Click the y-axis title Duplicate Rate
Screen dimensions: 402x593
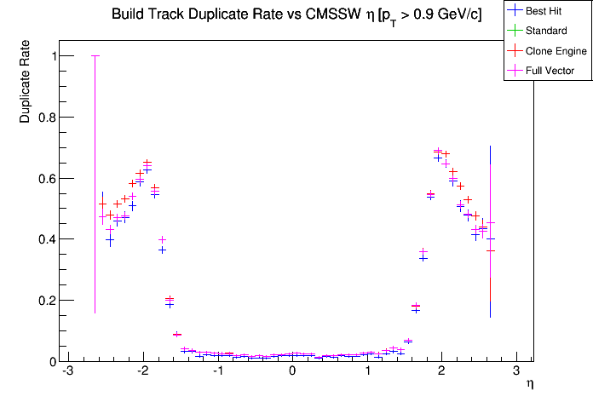pos(26,89)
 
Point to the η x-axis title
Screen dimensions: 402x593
pos(531,385)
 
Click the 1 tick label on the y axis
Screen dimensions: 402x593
pos(53,56)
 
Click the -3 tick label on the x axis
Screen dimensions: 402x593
pos(67,372)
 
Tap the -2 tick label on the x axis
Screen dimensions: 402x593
pos(141,372)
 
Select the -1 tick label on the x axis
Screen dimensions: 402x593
pos(216,372)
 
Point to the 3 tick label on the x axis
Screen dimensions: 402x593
pos(516,372)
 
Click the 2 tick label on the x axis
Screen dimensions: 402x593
pos(441,372)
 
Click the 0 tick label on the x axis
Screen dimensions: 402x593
pos(292,372)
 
